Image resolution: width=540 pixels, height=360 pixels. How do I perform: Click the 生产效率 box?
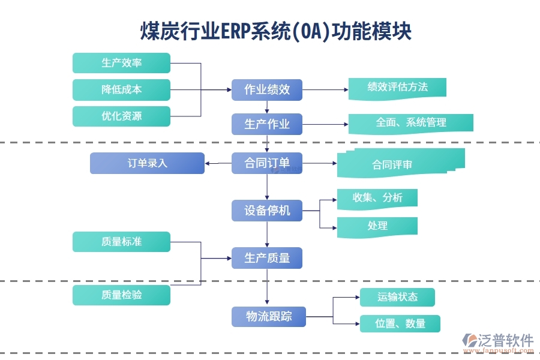coord(121,63)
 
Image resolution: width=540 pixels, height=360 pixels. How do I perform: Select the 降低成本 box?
coord(121,89)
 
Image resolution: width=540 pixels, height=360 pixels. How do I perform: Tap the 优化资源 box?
coord(121,116)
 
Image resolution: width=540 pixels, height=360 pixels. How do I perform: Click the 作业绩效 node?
coord(267,89)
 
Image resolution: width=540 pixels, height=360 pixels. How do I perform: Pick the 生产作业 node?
coord(267,124)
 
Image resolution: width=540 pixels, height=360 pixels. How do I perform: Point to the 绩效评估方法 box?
coord(397,87)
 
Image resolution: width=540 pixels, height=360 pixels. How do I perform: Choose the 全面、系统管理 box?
coord(411,122)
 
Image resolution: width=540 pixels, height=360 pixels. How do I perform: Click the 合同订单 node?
coord(267,163)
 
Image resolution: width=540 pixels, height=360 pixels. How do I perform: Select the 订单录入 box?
coord(147,163)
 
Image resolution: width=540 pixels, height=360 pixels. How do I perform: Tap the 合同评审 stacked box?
coord(396,164)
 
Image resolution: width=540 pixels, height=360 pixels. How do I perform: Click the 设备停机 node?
coord(267,211)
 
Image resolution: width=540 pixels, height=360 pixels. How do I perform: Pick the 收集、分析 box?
coord(377,198)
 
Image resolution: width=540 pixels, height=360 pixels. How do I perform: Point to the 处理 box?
coord(377,226)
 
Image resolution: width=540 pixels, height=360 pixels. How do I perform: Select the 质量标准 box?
coord(121,242)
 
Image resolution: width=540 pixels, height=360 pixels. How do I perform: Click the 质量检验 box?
coord(121,295)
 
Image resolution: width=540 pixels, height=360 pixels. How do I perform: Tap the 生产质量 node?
coord(267,258)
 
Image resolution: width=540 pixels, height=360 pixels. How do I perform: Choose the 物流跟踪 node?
coord(268,316)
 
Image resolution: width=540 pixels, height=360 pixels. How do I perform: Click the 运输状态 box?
coord(397,297)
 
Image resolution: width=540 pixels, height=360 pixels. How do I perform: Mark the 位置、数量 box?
coord(400,324)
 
